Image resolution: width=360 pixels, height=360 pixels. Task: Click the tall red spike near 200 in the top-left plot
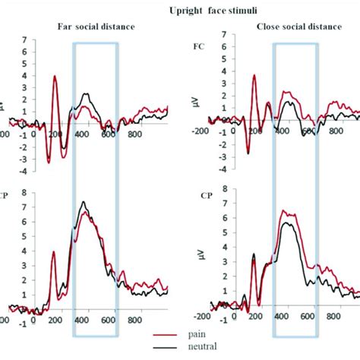click(55, 76)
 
